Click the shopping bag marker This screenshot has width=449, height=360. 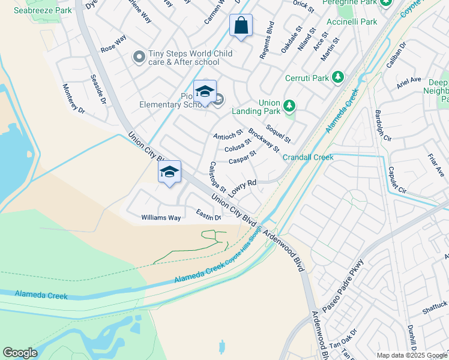click(241, 26)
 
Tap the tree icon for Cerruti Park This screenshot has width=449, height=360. click(338, 77)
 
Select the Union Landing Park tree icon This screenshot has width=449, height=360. click(290, 106)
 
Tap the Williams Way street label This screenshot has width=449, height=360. click(161, 218)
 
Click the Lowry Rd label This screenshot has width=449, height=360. click(243, 187)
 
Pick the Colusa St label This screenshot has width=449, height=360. click(238, 145)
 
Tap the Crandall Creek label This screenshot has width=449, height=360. click(308, 157)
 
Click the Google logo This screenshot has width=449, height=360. click(20, 353)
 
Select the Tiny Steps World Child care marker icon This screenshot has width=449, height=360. click(139, 58)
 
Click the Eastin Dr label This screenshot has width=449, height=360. click(209, 214)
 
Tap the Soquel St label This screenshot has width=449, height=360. click(278, 134)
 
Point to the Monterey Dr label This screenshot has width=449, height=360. click(74, 98)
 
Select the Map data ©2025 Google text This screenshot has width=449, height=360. click(412, 355)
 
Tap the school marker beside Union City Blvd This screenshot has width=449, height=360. click(170, 172)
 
